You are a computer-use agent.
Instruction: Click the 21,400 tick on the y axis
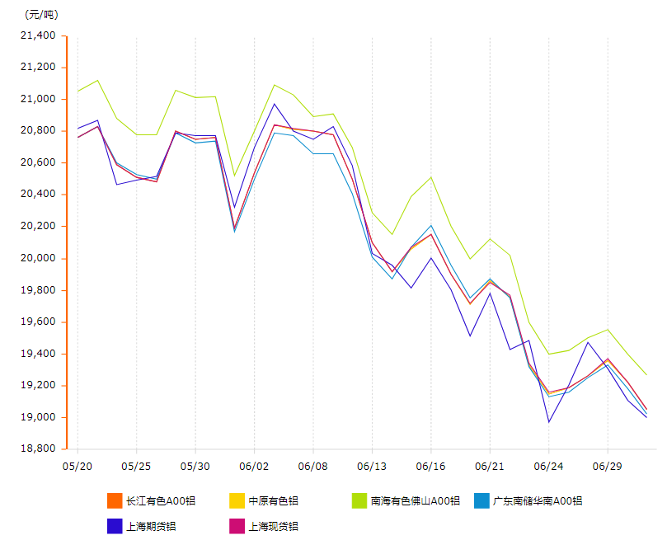[39, 35]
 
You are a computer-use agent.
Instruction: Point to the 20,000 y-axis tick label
[39, 258]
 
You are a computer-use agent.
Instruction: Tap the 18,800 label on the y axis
[39, 449]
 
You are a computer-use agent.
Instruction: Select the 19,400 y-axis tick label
[39, 354]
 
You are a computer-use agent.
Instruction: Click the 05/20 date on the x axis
[77, 466]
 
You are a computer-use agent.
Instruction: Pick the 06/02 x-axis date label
[253, 466]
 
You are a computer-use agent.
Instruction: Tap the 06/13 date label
[372, 466]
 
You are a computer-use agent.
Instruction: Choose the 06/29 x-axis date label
[608, 466]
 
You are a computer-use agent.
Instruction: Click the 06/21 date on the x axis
[490, 466]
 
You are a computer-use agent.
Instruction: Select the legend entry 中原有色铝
[273, 500]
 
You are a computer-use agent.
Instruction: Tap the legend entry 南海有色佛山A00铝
[415, 500]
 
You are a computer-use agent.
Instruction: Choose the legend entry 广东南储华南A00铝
[537, 500]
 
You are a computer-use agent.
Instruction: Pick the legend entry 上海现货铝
[273, 526]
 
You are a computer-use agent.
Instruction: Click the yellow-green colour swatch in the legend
[359, 500]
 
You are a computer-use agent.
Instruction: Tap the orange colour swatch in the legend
[115, 500]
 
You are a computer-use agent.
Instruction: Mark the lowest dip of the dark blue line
[548, 422]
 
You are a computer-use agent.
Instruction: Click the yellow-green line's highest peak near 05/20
[97, 80]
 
